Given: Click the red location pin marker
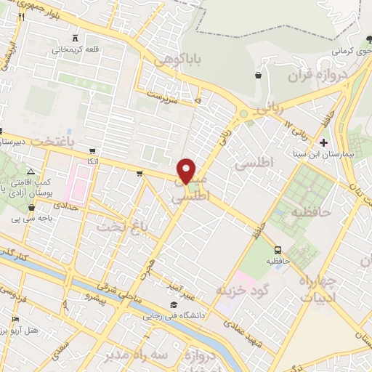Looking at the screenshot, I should [x=187, y=171].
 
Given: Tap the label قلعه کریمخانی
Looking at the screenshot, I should [x=76, y=49].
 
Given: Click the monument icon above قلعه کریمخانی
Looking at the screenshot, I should [x=76, y=38].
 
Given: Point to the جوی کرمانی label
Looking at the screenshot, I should [x=347, y=52].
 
